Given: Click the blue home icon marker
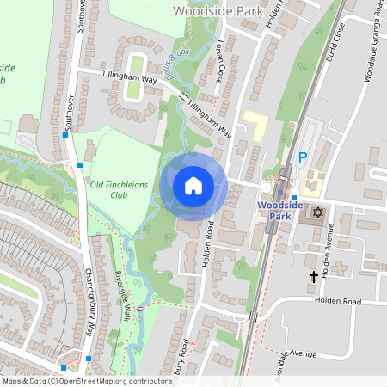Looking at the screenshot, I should click(193, 185).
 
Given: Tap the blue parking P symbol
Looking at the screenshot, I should click(302, 157).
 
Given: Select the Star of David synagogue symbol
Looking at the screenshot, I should click(318, 212).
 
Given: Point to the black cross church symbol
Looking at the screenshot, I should click(314, 277).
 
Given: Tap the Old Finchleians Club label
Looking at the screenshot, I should click(118, 189).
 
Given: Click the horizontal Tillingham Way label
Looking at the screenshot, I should click(130, 77).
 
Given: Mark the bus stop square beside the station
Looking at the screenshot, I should click(293, 198).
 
